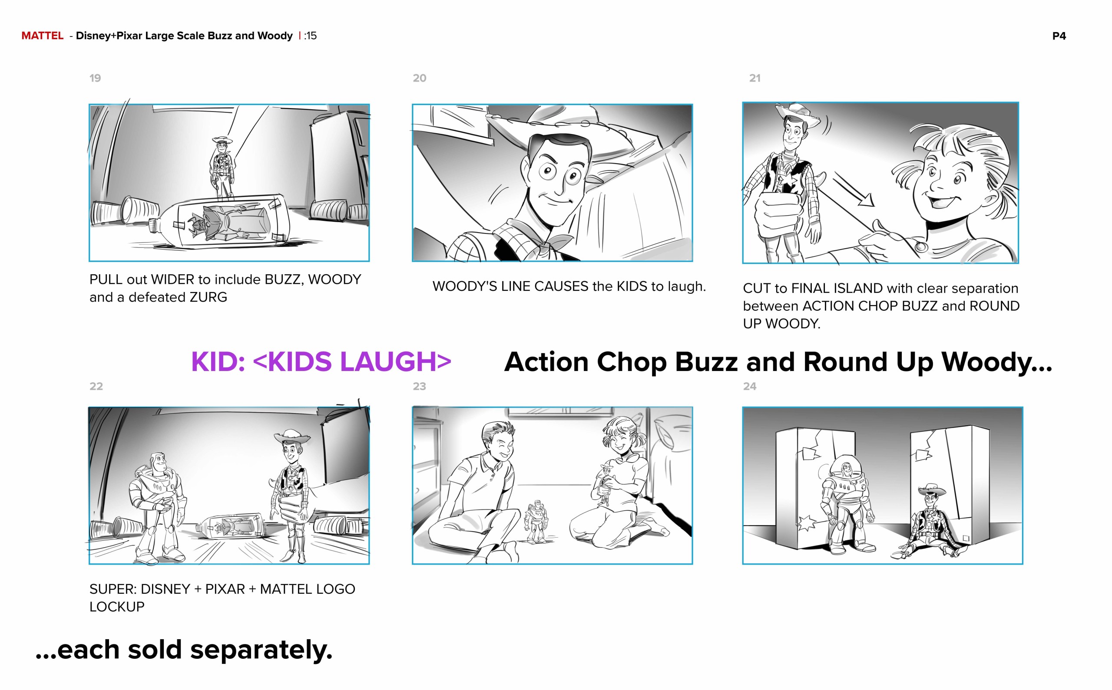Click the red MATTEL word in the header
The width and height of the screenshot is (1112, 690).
(x=43, y=36)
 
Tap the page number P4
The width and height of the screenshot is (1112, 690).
(x=1059, y=36)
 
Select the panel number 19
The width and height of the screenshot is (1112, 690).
(x=95, y=78)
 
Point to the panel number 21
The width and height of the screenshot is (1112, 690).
(x=755, y=78)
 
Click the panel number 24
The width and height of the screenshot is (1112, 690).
(x=749, y=386)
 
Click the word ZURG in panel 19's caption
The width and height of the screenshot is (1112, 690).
(x=208, y=297)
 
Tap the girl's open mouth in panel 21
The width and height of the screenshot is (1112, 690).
(x=942, y=200)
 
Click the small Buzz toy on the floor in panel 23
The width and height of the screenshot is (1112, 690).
(x=536, y=521)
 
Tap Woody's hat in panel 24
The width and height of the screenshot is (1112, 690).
(x=932, y=490)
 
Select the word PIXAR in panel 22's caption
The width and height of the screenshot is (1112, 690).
(x=225, y=589)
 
